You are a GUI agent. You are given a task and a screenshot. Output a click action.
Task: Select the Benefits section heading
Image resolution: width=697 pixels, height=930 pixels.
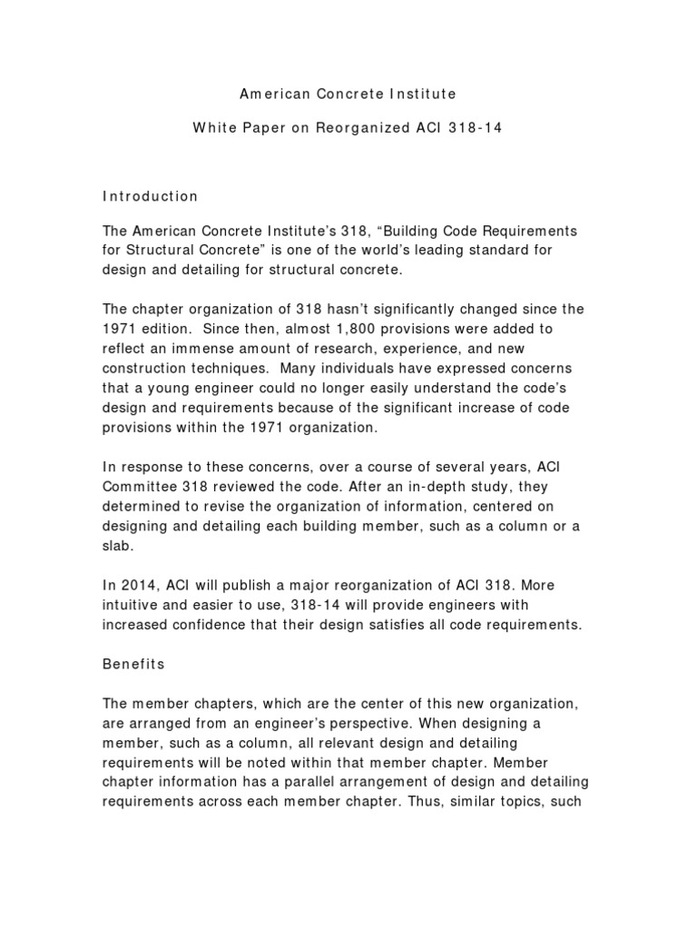(133, 664)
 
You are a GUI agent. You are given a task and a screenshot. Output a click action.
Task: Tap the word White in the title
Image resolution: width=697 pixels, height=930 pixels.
(212, 128)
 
